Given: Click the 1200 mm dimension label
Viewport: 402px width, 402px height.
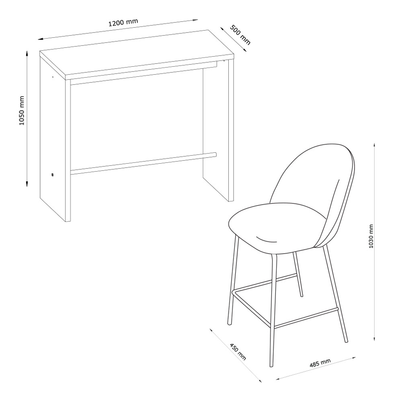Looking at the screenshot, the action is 123,22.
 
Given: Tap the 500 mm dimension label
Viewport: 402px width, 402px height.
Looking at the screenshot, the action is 240,35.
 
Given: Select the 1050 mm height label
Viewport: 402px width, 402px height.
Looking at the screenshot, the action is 22,111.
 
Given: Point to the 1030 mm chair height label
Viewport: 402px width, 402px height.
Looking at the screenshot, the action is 371,236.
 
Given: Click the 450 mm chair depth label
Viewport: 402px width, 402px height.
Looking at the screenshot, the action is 238,351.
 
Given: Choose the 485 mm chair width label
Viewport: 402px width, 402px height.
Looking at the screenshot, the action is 320,363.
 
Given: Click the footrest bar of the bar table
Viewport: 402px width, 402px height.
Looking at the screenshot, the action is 144,163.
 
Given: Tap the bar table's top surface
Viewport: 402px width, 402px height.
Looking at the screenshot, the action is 137,54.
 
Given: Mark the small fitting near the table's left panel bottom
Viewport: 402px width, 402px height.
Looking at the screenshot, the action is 52,175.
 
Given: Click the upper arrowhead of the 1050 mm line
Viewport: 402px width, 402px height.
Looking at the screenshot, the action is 27,53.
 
